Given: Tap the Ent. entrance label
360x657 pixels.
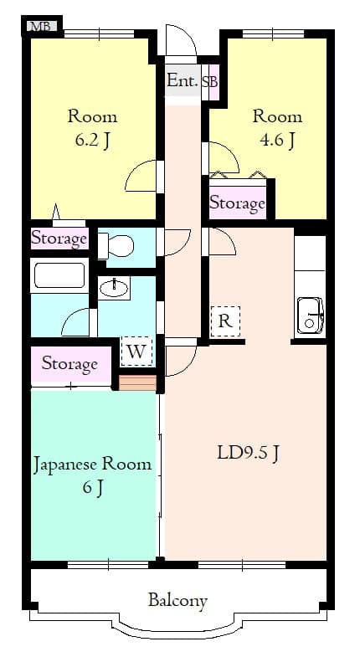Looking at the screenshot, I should point(182,81).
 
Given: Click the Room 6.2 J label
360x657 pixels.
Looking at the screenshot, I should point(92,127).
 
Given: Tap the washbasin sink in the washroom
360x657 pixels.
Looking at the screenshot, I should point(114,289).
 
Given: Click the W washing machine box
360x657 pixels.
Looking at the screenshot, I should point(136,352).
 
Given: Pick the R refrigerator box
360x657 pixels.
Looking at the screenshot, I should point(225,321).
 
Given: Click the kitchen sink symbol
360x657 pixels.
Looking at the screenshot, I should point(311,315).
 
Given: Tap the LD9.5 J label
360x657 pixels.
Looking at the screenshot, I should point(248,454).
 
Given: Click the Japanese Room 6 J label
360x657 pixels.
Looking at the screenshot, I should point(93,475).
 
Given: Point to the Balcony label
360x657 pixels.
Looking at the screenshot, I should point(177,600).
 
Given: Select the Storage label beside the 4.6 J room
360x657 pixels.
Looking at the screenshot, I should point(237,203).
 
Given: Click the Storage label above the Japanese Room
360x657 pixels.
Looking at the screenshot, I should point(69,364).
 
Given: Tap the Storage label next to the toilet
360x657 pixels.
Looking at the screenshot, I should point(59,239).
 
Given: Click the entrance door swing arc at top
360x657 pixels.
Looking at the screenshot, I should point(179,42).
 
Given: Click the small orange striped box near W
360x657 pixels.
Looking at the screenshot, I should point(138,383).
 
